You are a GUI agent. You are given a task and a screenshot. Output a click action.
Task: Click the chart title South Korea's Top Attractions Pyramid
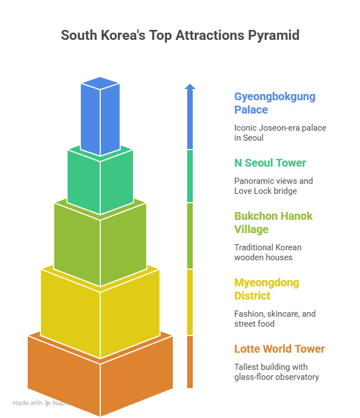click(180, 35)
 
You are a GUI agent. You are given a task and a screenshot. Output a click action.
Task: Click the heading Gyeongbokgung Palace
click(275, 103)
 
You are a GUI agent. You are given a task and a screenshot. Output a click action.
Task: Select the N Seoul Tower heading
click(270, 163)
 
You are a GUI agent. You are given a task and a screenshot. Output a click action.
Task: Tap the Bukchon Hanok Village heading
click(274, 223)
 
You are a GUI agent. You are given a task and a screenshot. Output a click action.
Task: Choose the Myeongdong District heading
click(266, 289)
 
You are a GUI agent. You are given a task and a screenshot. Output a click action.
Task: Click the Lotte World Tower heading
click(279, 349)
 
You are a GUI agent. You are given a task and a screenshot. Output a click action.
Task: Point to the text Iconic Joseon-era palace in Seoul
click(280, 132)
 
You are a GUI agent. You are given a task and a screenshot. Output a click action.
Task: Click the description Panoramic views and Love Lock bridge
click(274, 185)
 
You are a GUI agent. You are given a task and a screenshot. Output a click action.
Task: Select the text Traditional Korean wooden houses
click(268, 252)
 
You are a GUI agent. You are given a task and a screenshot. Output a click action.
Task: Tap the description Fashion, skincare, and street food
click(275, 318)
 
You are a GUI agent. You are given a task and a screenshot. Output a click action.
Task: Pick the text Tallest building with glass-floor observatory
click(276, 371)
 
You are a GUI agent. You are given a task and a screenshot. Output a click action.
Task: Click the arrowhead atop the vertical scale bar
click(190, 86)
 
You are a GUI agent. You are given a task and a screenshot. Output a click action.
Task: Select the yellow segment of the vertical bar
click(190, 302)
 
